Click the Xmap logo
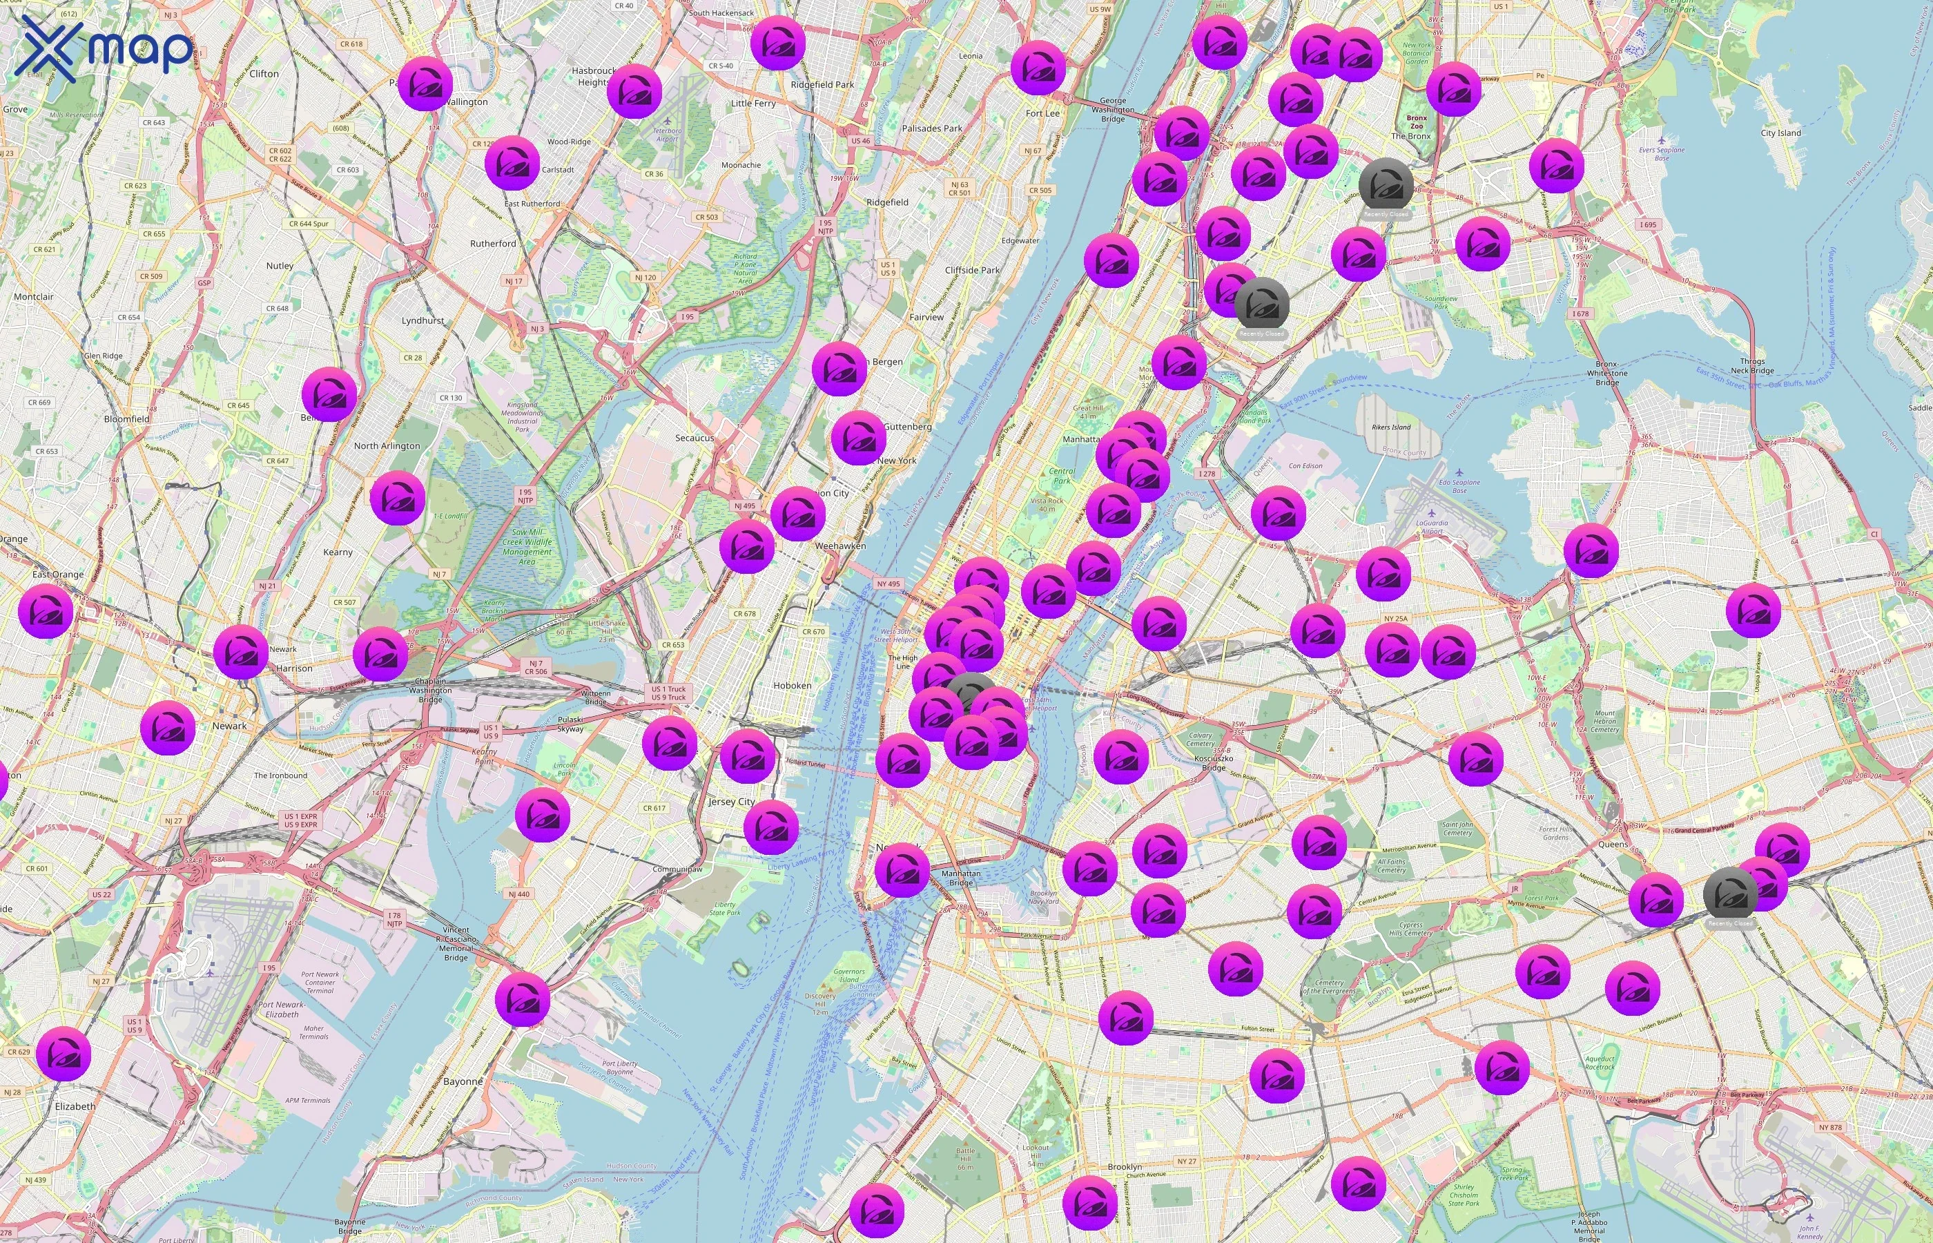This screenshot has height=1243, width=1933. click(x=105, y=50)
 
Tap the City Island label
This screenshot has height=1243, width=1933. click(x=1780, y=133)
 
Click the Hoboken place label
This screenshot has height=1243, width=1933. click(x=793, y=685)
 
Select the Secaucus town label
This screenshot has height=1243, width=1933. click(x=694, y=439)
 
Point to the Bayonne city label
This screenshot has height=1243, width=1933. click(x=463, y=1081)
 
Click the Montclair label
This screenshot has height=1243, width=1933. click(x=33, y=297)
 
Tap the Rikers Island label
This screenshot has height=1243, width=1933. click(x=1391, y=427)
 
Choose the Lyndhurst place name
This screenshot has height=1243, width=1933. click(x=422, y=320)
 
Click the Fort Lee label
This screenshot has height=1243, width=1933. click(x=1042, y=114)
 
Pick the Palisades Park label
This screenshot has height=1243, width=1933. click(x=932, y=128)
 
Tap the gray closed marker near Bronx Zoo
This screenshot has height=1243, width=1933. click(x=1386, y=186)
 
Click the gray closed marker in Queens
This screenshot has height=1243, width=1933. click(x=1730, y=895)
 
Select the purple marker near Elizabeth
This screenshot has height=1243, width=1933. click(x=64, y=1054)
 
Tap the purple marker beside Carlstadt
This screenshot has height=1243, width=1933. click(x=512, y=163)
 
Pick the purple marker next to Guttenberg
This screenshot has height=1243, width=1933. click(x=858, y=438)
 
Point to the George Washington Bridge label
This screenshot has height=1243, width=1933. click(x=1113, y=110)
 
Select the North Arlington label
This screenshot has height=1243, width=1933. click(x=387, y=445)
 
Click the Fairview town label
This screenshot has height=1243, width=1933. click(x=926, y=317)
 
